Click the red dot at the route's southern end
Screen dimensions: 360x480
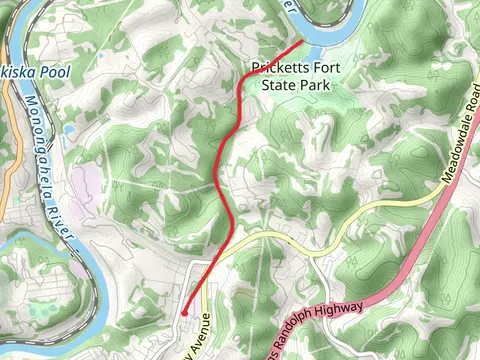(x=184, y=313)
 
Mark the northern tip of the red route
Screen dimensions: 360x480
(x=302, y=42)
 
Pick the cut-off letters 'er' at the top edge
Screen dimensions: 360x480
(x=291, y=5)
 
